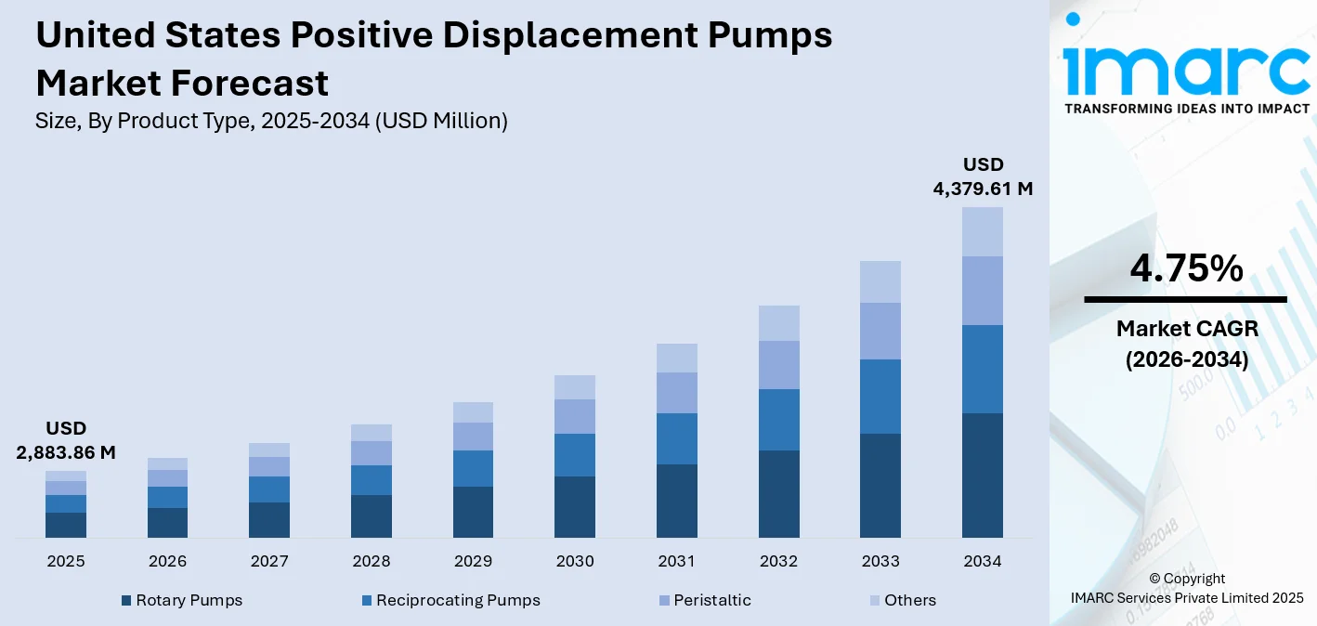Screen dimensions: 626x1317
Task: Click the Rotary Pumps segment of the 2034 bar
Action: pyautogui.click(x=982, y=475)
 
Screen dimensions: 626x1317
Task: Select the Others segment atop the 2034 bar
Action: pyautogui.click(x=982, y=231)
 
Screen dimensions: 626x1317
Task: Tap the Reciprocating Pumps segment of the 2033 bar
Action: pyautogui.click(x=880, y=396)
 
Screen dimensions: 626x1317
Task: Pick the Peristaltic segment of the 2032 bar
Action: pyautogui.click(x=778, y=364)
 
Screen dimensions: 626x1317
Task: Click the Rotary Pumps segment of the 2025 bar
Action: pyautogui.click(x=65, y=525)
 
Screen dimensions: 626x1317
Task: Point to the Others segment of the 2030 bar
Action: pyautogui.click(x=575, y=386)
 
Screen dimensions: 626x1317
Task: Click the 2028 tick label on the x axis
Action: pyautogui.click(x=371, y=561)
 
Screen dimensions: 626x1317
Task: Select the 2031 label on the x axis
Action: pyautogui.click(x=676, y=561)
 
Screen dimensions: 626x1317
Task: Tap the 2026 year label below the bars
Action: pyautogui.click(x=167, y=561)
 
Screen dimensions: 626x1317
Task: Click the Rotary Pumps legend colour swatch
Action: pyautogui.click(x=126, y=601)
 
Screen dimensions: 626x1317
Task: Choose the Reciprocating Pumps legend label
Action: pyautogui.click(x=458, y=600)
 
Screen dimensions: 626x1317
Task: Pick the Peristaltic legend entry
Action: pyautogui.click(x=712, y=600)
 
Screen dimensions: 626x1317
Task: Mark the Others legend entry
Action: pyautogui.click(x=909, y=600)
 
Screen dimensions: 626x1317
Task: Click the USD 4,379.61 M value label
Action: pyautogui.click(x=983, y=176)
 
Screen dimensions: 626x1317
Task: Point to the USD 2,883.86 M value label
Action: pyautogui.click(x=66, y=440)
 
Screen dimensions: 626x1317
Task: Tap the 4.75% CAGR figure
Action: pyautogui.click(x=1186, y=268)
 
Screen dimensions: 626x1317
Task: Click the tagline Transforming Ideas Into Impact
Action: pyautogui.click(x=1186, y=109)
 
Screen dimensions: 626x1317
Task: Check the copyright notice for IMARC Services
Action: pyautogui.click(x=1186, y=588)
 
